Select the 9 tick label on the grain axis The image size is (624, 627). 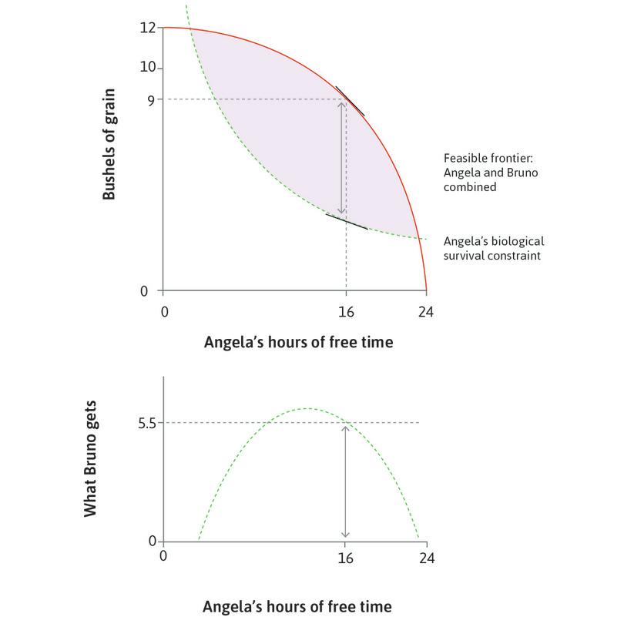[x=151, y=99]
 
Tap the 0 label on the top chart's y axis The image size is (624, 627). [x=152, y=291]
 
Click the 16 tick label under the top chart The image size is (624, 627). [x=346, y=312]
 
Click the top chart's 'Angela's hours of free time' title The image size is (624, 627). [x=298, y=343]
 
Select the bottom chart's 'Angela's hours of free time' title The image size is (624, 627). [x=297, y=606]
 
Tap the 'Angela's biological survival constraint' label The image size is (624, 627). [x=492, y=247]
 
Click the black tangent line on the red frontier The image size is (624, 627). [x=350, y=101]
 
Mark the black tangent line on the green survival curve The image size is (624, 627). [x=346, y=222]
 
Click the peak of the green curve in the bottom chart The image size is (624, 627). [x=307, y=408]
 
